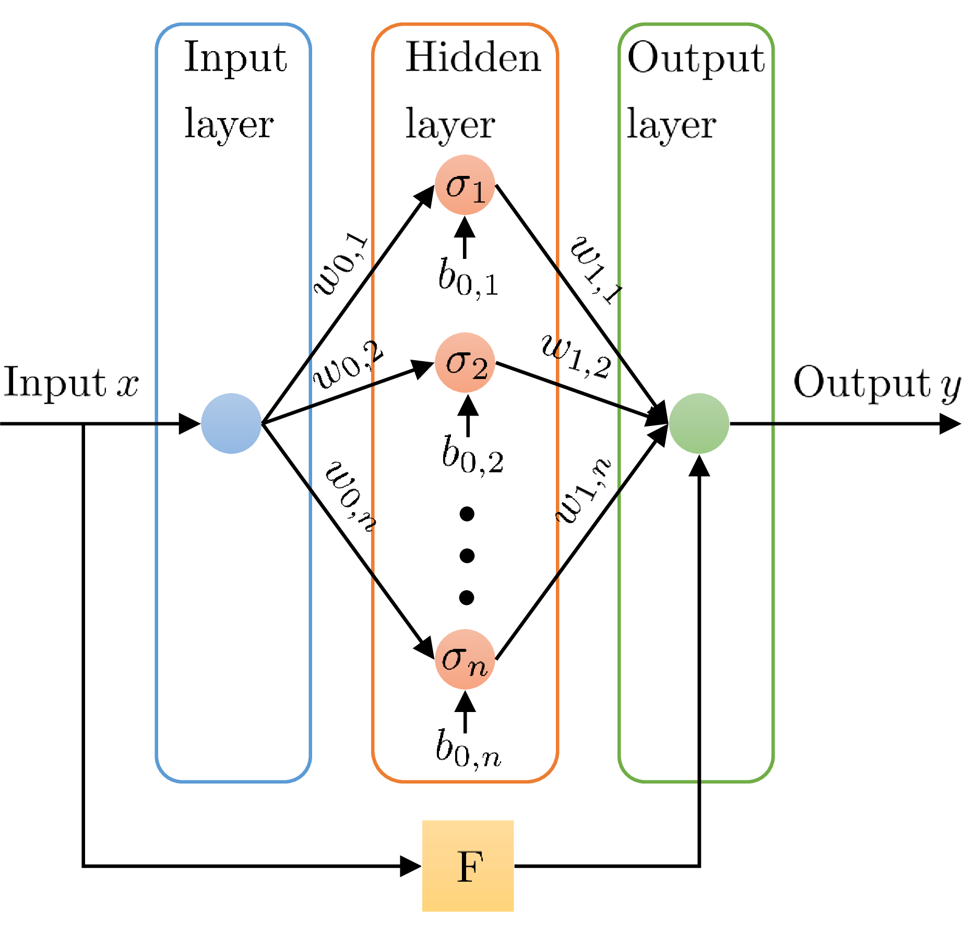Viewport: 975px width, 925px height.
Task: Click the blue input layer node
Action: (x=231, y=423)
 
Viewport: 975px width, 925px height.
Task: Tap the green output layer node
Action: (x=699, y=423)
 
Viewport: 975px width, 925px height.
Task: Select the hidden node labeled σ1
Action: (x=465, y=185)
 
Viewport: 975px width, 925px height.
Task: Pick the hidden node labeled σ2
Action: (x=465, y=362)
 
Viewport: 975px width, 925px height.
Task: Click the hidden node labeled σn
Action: (x=465, y=659)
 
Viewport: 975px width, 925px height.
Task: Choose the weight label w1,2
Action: (x=576, y=357)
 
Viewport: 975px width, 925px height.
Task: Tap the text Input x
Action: (x=71, y=383)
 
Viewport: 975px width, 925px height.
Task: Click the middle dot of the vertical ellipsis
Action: (x=467, y=555)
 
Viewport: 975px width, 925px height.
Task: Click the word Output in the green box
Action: (x=696, y=58)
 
